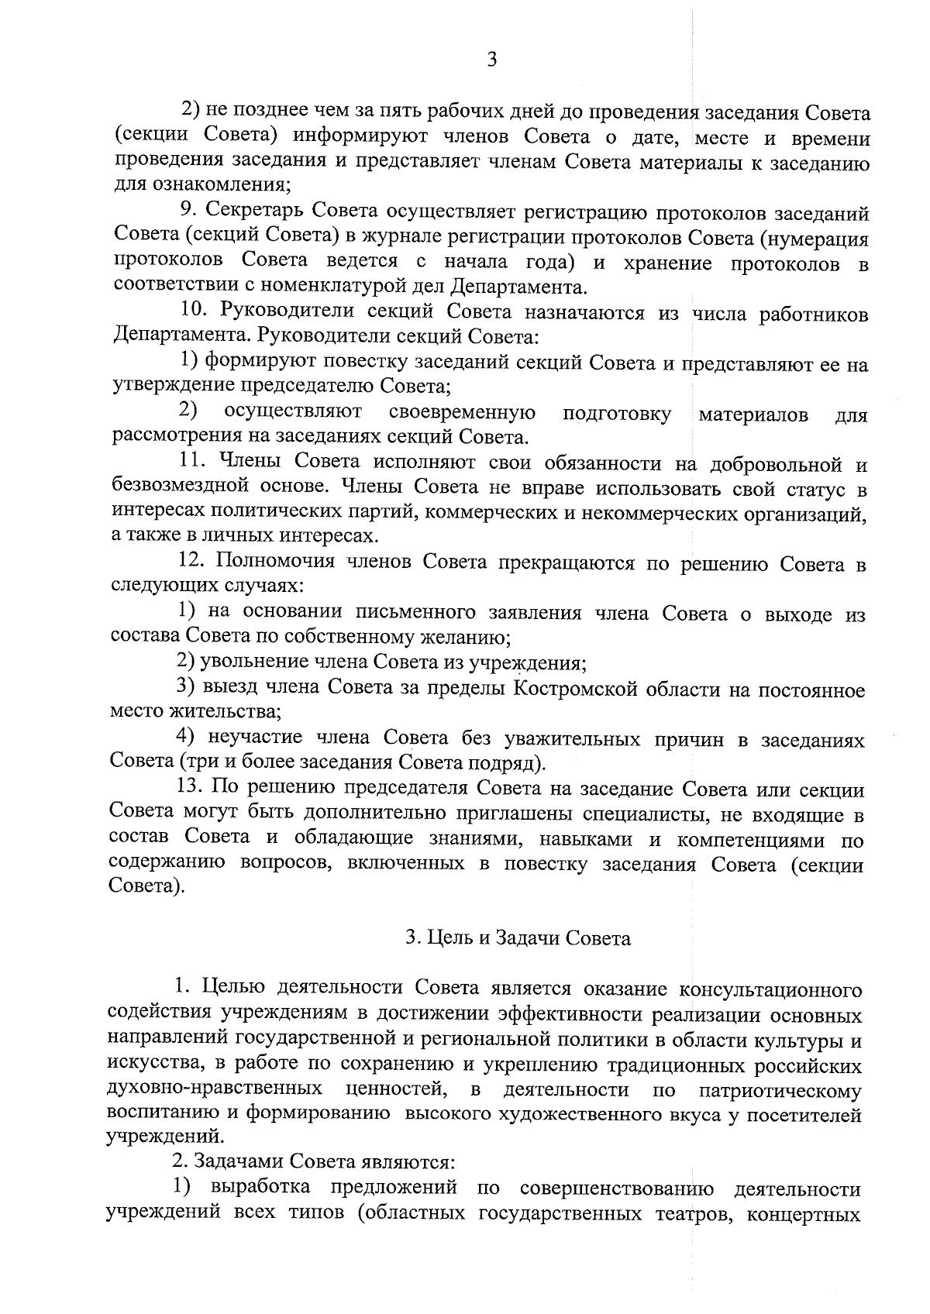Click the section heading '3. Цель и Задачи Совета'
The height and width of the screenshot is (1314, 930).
pyautogui.click(x=518, y=938)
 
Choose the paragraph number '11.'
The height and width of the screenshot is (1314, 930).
pyautogui.click(x=193, y=463)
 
